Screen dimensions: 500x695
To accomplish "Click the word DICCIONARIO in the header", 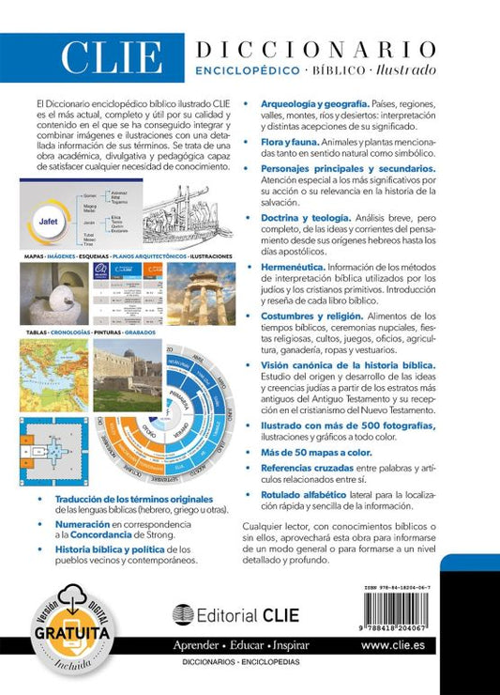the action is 315,49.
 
